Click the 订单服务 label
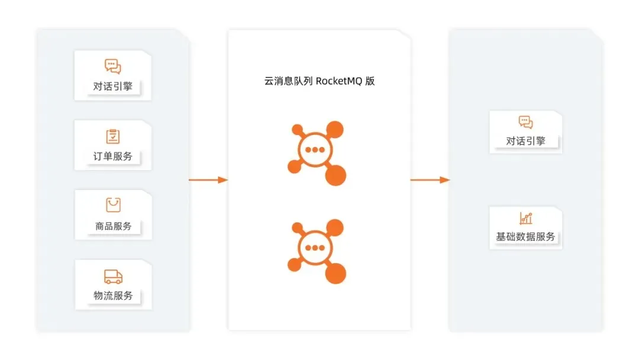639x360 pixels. pos(113,157)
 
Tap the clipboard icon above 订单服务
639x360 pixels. pos(113,136)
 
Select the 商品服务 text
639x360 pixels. pos(113,226)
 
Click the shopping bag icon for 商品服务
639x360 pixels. pos(113,205)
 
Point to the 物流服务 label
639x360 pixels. pos(113,295)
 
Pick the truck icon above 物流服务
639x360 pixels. pos(113,276)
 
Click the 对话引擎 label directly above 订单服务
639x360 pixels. pos(113,86)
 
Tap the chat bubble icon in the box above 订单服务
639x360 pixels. pos(113,66)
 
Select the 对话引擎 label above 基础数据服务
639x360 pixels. pos(525,141)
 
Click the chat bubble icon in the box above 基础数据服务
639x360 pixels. pos(525,123)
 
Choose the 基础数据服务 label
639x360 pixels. pos(525,237)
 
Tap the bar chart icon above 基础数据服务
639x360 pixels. pos(525,218)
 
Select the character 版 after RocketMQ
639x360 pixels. pos(370,82)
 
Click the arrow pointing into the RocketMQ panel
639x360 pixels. pos(208,179)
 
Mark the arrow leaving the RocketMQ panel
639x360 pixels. pos(430,179)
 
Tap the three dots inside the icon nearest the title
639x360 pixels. pos(315,150)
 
